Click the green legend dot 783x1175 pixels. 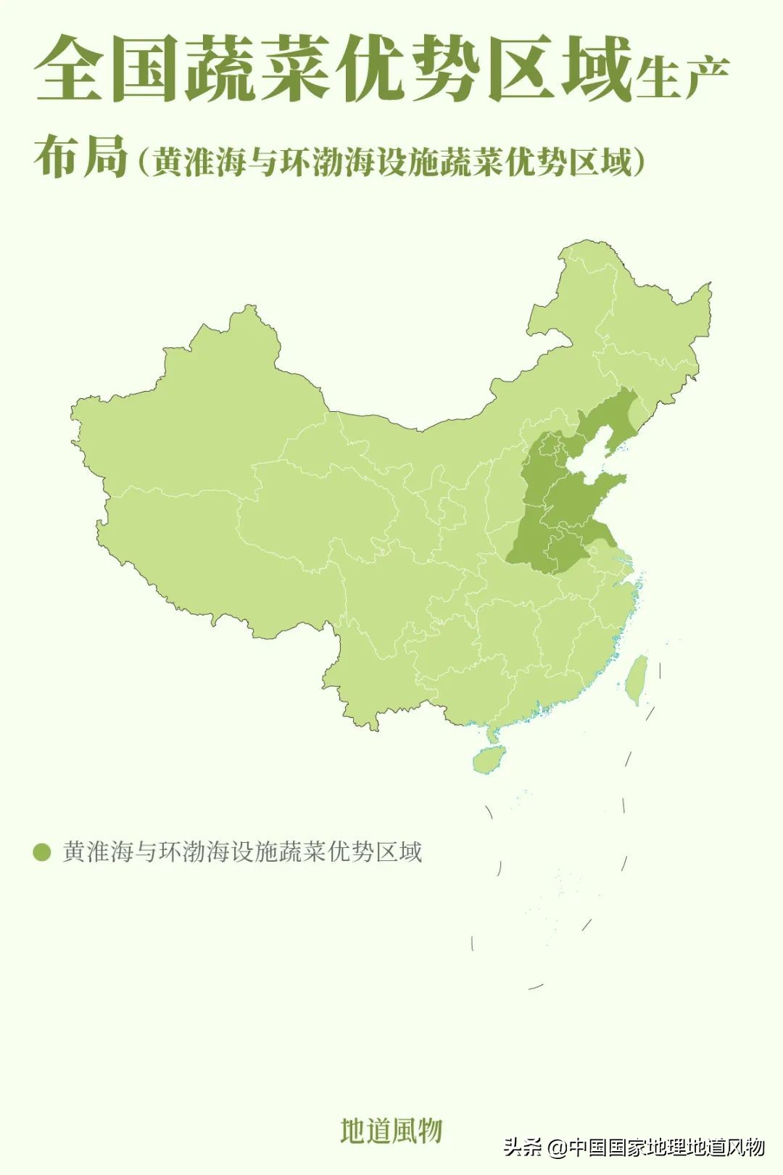coord(42,852)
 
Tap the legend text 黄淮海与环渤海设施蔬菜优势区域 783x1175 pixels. coord(242,852)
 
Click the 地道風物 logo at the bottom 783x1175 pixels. coord(391,1130)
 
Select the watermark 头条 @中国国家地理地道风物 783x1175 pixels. coord(634,1147)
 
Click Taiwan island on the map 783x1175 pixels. coord(637,679)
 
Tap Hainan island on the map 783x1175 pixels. coord(487,762)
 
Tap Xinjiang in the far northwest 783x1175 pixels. coord(196,413)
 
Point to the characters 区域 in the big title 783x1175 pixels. coord(559,70)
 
